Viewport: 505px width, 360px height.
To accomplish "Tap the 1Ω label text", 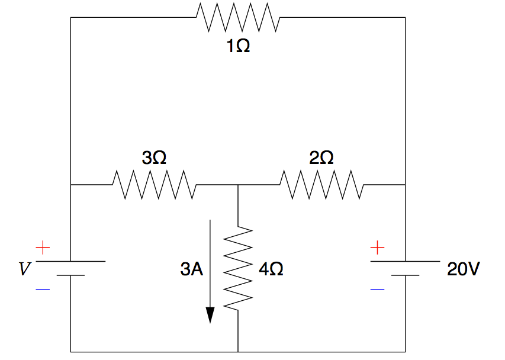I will pyautogui.click(x=238, y=46).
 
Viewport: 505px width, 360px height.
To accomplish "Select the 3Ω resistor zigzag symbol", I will pyautogui.click(x=155, y=185).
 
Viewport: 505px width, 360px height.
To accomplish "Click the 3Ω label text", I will pyautogui.click(x=154, y=158).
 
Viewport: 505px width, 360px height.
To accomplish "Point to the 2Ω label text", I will pyautogui.click(x=321, y=158).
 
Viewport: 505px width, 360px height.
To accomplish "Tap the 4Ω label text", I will pyautogui.click(x=271, y=269).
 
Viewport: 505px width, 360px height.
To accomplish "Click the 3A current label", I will pyautogui.click(x=192, y=269).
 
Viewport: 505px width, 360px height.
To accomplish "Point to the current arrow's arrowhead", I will pyautogui.click(x=210, y=315).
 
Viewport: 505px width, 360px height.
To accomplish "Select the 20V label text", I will pyautogui.click(x=464, y=269).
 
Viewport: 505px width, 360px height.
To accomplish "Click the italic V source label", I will pyautogui.click(x=24, y=270).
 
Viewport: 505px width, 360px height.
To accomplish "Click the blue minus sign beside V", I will pyautogui.click(x=43, y=290).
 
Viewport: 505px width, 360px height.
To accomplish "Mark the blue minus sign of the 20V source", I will pyautogui.click(x=378, y=290).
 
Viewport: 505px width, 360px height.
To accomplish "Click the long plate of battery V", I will pyautogui.click(x=70, y=261).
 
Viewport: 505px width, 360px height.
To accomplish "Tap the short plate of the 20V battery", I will pyautogui.click(x=405, y=275).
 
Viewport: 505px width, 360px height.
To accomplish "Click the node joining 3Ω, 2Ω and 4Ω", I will pyautogui.click(x=238, y=185).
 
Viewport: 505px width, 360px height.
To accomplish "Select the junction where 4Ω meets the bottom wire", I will pyautogui.click(x=238, y=352).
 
